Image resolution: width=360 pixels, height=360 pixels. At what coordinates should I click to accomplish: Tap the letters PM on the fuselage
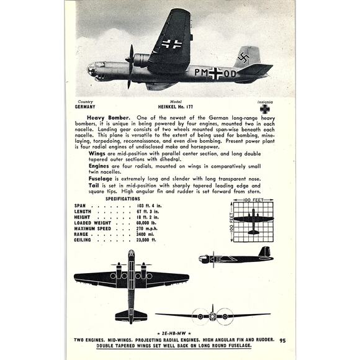click(x=200, y=73)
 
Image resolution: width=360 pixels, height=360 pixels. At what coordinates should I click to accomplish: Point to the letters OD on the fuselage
click(x=229, y=73)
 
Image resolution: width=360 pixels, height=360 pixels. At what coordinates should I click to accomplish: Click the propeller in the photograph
click(x=129, y=66)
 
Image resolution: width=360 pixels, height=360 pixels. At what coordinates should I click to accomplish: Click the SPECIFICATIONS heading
click(x=123, y=199)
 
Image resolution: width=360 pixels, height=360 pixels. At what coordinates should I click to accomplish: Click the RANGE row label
click(x=83, y=233)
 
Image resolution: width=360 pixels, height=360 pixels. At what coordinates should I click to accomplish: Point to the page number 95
click(x=282, y=340)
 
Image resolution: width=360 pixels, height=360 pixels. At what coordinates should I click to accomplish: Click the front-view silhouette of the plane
click(x=213, y=314)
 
